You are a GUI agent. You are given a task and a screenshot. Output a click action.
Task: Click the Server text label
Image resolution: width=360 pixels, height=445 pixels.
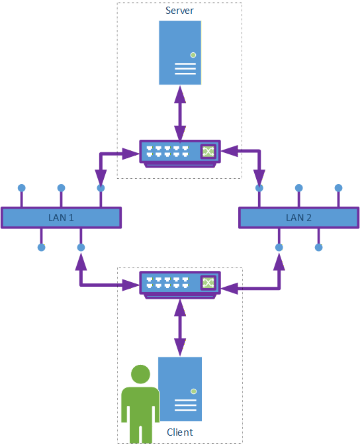[x=179, y=11]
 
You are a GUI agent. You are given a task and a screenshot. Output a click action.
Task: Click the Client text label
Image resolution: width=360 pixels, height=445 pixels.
[x=180, y=432]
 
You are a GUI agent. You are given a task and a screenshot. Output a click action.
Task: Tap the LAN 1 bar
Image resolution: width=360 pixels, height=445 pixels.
[x=61, y=218]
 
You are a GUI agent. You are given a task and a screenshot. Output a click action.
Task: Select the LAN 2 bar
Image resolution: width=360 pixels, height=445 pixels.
[x=298, y=218]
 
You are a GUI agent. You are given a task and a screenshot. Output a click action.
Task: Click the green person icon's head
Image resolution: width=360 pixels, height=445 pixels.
[x=140, y=374]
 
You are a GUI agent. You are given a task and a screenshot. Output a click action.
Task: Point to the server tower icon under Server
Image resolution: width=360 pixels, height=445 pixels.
[x=180, y=53]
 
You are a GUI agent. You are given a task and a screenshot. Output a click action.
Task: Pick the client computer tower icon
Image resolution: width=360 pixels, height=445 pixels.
[x=181, y=389]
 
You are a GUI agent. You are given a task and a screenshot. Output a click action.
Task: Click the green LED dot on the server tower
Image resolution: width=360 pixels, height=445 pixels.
[x=193, y=55]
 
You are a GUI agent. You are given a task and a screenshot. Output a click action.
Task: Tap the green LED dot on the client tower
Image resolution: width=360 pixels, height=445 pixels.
[x=194, y=391]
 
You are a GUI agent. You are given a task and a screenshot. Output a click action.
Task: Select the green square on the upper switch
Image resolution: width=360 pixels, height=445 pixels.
[x=208, y=151]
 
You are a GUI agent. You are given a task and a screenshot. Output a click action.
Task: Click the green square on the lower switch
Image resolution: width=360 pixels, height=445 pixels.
[x=208, y=283]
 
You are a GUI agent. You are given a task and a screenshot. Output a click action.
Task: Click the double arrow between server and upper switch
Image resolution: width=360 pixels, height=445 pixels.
[x=180, y=113]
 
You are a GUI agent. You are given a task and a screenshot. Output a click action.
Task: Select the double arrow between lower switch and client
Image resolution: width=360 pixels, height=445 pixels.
[x=180, y=328]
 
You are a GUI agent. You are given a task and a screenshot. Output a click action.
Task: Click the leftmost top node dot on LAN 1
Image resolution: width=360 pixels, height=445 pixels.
[x=22, y=188]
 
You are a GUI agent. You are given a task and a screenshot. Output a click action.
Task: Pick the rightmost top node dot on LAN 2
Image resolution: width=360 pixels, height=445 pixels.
[x=338, y=188]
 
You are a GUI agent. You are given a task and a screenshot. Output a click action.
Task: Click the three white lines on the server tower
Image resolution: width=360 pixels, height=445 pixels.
[x=185, y=69]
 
